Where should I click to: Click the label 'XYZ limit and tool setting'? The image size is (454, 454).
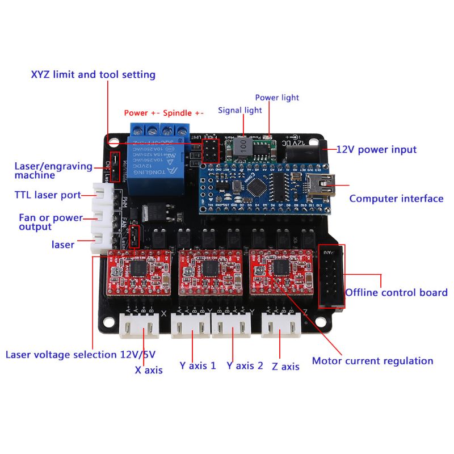pos(93,75)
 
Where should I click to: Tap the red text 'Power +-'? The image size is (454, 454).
pos(142,113)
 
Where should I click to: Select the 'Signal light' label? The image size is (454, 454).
pos(240,110)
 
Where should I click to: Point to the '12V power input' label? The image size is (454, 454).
pos(376,150)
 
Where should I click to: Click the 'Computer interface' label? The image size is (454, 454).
pos(396,199)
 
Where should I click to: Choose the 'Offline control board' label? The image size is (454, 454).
pos(397,293)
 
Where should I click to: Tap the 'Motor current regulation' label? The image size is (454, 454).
pos(372,361)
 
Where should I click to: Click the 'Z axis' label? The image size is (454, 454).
pos(285,367)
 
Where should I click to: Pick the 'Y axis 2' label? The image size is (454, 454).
pos(245,366)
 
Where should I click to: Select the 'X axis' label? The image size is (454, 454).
pos(149,370)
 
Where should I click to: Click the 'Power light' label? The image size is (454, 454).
pos(277,98)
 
